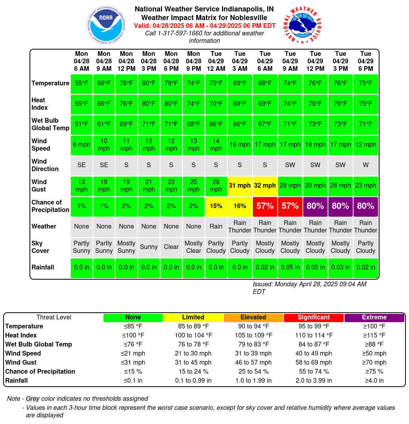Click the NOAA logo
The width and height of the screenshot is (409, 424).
point(106,25)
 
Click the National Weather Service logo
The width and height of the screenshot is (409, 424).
point(303,25)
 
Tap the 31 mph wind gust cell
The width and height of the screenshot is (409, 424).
point(240,186)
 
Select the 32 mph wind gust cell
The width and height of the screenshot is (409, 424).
point(265,186)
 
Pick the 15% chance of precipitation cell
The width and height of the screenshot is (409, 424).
point(216,206)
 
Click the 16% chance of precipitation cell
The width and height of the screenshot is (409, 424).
point(240,206)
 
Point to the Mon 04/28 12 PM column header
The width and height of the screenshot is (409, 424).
point(126,61)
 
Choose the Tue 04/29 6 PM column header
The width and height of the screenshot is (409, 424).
point(365,61)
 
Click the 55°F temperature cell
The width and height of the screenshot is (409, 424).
point(81,83)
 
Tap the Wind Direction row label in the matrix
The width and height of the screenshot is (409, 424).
point(45,165)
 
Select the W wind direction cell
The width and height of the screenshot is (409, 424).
point(365,165)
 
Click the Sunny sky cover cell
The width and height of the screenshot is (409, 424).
point(149,247)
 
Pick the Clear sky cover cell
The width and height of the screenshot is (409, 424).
point(171,247)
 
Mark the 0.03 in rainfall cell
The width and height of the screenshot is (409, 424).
point(340,268)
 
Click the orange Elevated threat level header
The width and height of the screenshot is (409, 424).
point(253,317)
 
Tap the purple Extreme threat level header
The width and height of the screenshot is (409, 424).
point(374,317)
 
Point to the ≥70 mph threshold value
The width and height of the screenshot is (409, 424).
point(374,363)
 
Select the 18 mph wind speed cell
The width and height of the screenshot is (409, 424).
point(315,145)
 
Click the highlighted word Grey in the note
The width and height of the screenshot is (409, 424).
point(33,399)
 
